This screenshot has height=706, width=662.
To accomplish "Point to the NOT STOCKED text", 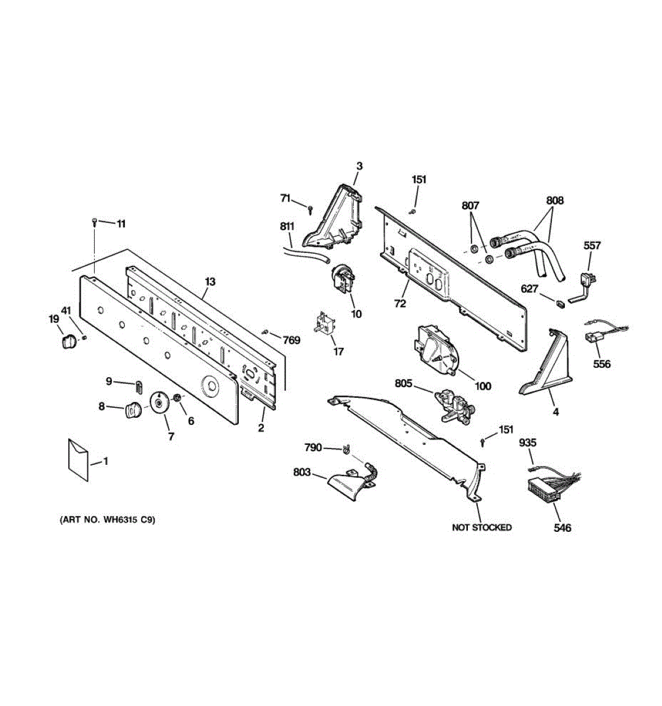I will [481, 527].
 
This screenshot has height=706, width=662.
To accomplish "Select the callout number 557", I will [592, 246].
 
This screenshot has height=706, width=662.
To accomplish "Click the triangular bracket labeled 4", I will [547, 365].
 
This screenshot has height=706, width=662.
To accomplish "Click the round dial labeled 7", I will [159, 404].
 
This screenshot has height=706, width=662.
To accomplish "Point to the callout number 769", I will [291, 340].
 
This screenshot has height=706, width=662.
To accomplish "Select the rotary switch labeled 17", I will [324, 324].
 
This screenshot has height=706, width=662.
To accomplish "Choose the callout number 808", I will [554, 201].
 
